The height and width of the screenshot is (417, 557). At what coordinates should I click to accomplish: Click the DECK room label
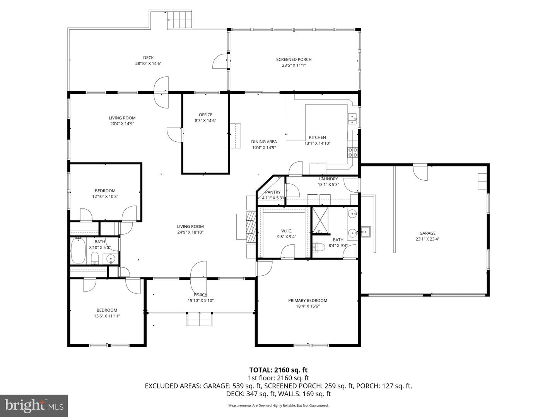point(148,58)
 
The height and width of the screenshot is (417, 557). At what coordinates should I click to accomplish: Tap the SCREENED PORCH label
point(294,59)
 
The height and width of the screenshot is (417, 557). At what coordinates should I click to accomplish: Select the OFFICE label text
point(205,115)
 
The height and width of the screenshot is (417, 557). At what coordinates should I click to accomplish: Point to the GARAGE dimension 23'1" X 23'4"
point(427,239)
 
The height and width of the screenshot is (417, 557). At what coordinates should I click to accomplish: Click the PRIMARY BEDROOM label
point(308,300)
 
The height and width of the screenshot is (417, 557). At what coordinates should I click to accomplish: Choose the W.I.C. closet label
point(287,231)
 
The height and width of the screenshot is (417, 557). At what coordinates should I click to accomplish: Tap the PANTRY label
point(273,192)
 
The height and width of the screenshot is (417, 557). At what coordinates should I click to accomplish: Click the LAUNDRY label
point(328,179)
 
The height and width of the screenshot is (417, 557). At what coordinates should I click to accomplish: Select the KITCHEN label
point(317,137)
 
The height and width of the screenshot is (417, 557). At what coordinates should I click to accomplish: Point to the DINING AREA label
point(264,142)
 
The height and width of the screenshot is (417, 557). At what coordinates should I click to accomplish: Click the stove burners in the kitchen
point(352,152)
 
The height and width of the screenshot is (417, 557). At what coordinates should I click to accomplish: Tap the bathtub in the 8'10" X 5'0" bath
point(79,251)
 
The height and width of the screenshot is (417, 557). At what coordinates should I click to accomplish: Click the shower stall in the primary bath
point(320,221)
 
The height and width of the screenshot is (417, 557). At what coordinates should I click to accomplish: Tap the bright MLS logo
point(34,405)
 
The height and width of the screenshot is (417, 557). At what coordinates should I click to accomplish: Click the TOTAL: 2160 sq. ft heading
point(278,370)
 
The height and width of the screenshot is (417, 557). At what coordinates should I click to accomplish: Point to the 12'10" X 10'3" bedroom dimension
point(105,197)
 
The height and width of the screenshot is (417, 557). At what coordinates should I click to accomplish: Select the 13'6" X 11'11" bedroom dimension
point(107,316)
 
